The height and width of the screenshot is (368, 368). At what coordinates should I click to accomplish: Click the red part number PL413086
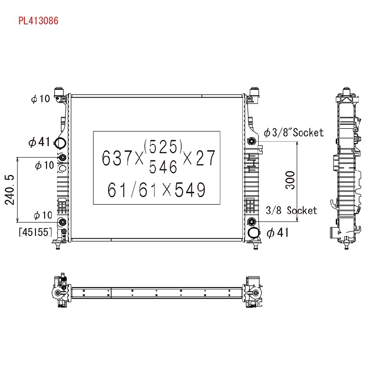(x=38, y=21)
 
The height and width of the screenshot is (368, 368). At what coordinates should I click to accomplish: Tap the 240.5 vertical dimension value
(x=10, y=190)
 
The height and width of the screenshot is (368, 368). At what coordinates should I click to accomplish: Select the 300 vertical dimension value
(x=290, y=180)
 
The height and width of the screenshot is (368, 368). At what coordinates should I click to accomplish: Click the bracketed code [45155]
(x=35, y=232)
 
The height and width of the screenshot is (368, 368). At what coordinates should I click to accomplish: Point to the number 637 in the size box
(x=117, y=158)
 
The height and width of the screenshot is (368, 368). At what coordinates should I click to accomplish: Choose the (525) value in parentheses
(x=163, y=146)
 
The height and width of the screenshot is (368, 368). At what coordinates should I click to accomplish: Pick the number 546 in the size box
(x=163, y=167)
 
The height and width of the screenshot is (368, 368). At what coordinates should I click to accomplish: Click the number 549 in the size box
(x=190, y=190)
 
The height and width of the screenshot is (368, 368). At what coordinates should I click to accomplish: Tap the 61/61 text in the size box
(x=132, y=190)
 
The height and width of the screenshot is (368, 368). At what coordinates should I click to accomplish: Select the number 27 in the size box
(x=206, y=158)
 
